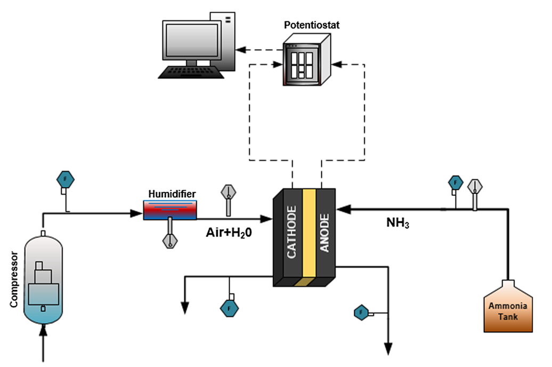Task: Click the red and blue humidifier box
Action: [169, 210]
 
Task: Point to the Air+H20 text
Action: [229, 233]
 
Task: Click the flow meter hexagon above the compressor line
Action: [64, 177]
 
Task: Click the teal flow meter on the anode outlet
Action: [361, 311]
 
